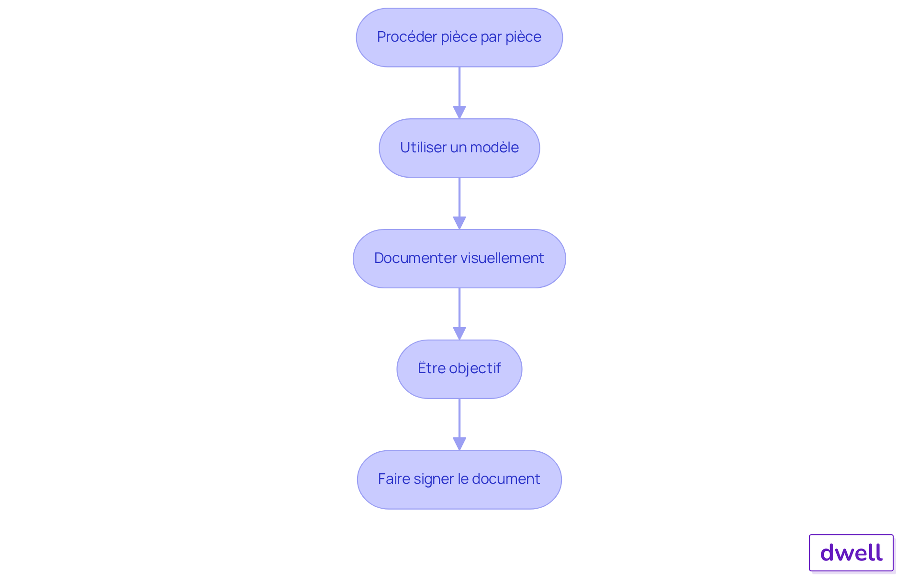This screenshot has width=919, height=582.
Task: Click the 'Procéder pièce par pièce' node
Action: click(x=459, y=37)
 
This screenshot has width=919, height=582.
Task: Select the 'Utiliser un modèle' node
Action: click(x=459, y=148)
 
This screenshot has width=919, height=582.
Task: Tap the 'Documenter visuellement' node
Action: click(x=459, y=259)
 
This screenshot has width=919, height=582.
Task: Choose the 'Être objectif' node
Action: click(x=459, y=369)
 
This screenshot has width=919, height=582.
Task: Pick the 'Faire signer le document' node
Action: click(x=459, y=479)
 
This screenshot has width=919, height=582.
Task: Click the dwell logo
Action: click(x=852, y=553)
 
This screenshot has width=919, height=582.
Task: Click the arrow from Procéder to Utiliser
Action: click(x=459, y=93)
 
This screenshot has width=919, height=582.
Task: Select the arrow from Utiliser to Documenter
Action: click(x=459, y=204)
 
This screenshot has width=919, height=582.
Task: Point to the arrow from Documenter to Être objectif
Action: click(x=459, y=314)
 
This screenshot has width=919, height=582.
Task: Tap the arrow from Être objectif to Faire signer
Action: click(x=459, y=424)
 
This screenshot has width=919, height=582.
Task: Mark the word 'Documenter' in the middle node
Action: click(x=412, y=258)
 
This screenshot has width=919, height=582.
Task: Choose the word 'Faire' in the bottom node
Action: click(x=393, y=479)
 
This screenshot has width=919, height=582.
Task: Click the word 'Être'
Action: click(x=432, y=368)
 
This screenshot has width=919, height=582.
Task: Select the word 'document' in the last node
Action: click(x=506, y=479)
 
